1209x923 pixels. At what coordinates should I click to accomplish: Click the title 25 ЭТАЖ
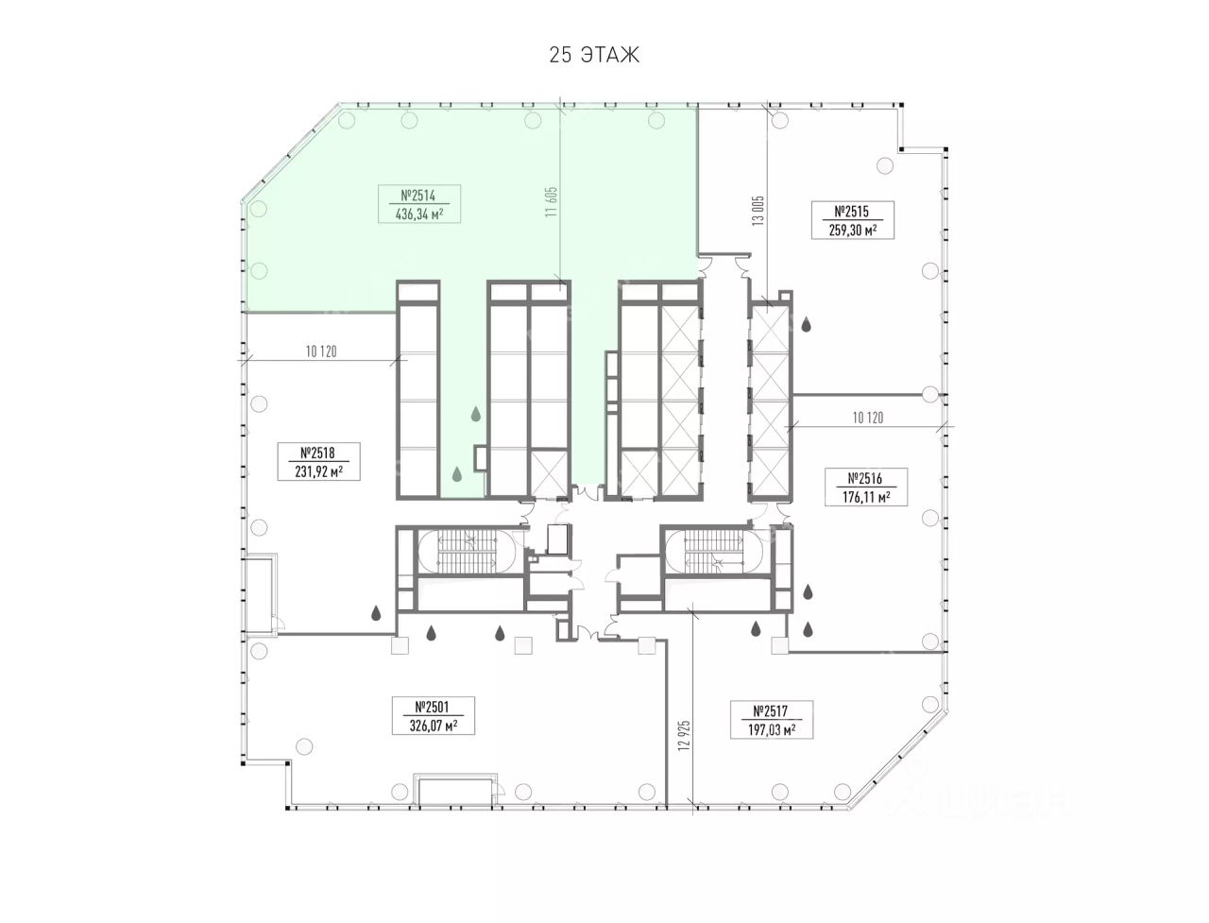594,56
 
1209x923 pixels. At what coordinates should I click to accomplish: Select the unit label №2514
418,196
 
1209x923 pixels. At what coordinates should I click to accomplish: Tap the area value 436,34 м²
419,214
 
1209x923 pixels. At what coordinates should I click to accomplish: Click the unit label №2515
852,212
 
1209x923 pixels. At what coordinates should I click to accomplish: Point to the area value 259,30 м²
853,231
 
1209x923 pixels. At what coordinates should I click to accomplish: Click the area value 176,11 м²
866,497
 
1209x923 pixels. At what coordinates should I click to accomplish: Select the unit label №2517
771,711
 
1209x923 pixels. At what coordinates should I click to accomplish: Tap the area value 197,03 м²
772,730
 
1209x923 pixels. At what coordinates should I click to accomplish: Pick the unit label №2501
433,707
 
